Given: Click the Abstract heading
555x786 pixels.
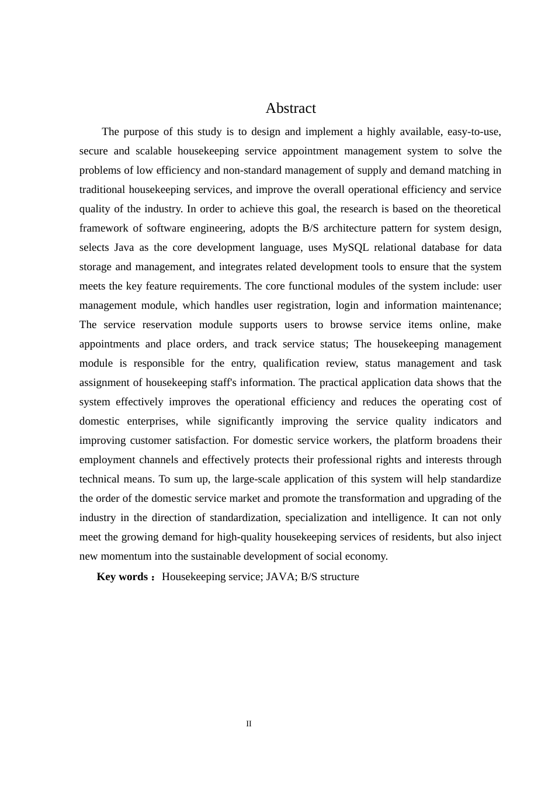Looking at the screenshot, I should coord(290,108).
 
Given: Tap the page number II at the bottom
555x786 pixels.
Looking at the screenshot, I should coord(249,724).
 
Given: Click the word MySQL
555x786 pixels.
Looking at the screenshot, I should coord(350,247).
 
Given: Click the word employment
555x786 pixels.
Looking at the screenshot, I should coord(107,460).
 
